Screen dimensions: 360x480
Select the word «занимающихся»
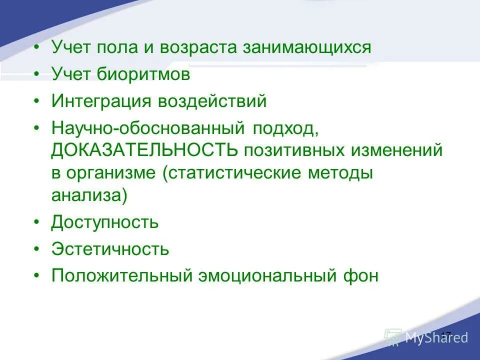coord(307,48)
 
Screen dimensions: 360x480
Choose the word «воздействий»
coord(212,102)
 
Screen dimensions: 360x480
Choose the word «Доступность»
coord(105,221)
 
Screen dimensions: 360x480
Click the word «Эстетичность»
coord(110,248)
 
